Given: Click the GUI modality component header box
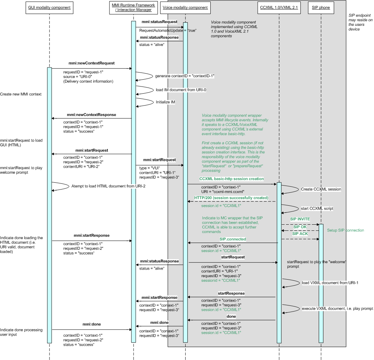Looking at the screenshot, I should [49, 8].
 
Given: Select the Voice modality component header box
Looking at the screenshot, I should [185, 8].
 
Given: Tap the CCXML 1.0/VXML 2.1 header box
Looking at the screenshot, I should [279, 8].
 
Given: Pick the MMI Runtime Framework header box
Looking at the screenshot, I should [133, 8].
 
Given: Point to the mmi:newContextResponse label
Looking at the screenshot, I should [91, 115].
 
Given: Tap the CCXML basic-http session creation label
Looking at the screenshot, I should [232, 179].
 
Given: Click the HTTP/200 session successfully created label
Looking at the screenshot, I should [231, 198].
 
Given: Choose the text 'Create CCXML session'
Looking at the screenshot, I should [321, 189].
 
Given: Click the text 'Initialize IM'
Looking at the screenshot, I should [165, 102].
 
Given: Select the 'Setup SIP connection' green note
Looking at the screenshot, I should [345, 230].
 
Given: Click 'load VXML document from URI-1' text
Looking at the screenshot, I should [330, 283].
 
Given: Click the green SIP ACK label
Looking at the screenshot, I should [300, 234].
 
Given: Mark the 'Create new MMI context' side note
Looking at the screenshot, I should [21, 94].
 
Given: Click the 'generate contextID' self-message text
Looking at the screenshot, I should [184, 76].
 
